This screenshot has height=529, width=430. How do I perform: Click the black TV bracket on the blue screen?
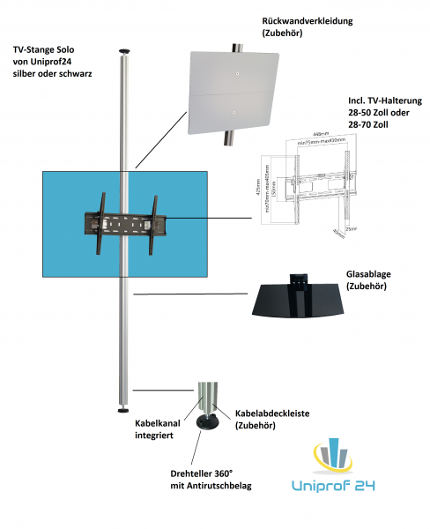point(123,227)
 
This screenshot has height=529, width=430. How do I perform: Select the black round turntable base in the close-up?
point(209,424)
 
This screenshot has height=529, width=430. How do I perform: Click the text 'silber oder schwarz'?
point(53,73)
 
